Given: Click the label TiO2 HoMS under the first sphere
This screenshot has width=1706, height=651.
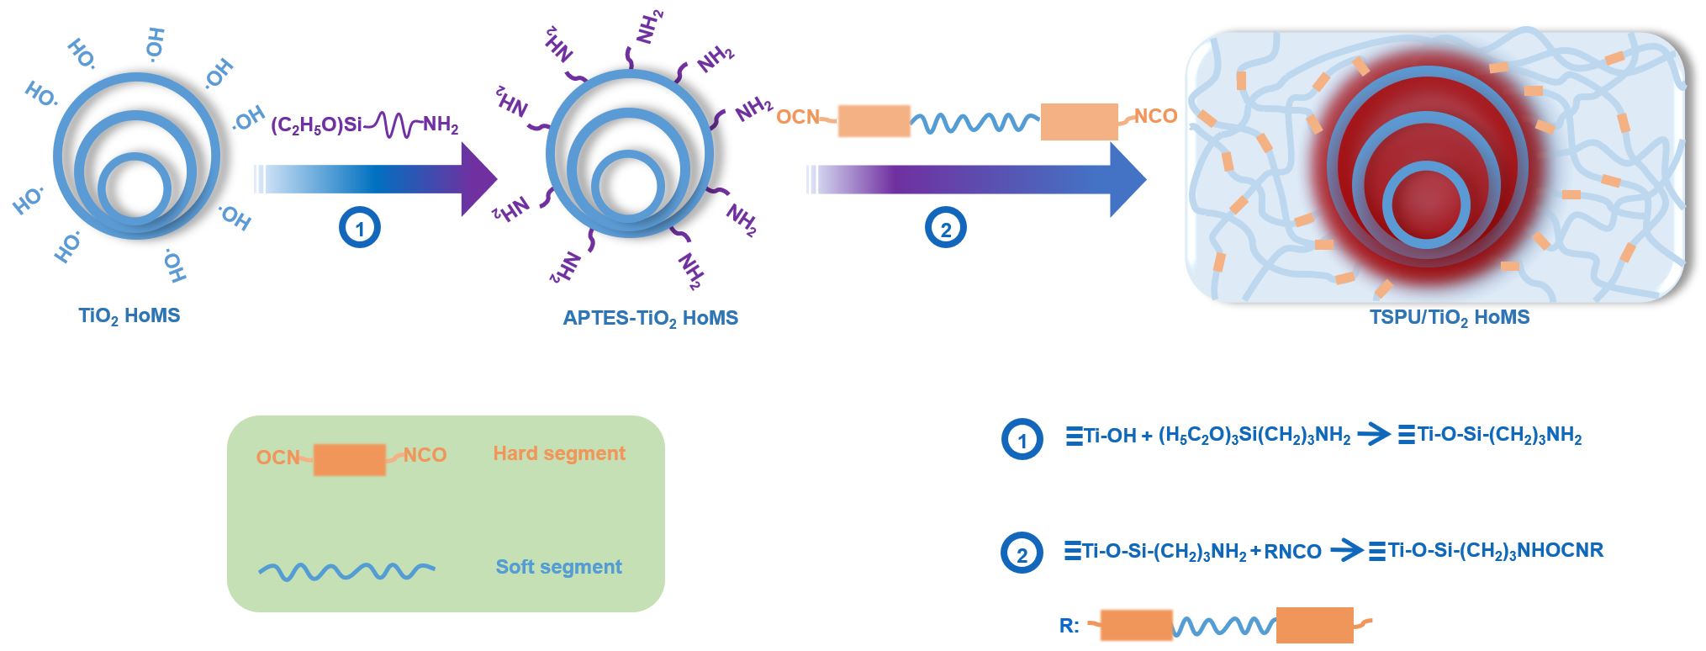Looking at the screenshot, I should (x=129, y=316).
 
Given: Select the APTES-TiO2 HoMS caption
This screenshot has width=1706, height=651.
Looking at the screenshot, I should (x=650, y=319).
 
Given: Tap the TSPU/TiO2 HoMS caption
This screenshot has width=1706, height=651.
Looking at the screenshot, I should (x=1449, y=318).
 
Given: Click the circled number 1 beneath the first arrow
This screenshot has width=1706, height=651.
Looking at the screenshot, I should (x=360, y=229).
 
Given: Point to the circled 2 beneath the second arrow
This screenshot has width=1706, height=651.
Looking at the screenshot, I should (x=945, y=229).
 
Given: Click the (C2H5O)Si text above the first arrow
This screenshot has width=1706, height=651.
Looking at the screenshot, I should (x=316, y=125).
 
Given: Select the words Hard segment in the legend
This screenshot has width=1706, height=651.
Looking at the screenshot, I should (x=559, y=454).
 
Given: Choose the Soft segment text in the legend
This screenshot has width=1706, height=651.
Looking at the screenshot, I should (x=558, y=567).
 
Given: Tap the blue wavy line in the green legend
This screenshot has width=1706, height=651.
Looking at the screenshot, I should (x=346, y=572).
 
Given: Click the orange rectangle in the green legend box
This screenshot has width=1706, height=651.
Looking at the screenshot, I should (x=350, y=460).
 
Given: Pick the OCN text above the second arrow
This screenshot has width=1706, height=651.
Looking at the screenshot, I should (x=797, y=117).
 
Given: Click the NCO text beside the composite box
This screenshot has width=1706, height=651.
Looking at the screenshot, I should (x=1155, y=116).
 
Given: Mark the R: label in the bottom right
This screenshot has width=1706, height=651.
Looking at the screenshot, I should (x=1069, y=626).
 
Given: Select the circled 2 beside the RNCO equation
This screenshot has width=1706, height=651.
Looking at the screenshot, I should (x=1022, y=554).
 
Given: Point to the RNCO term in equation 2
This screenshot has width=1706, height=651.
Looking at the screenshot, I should (x=1292, y=552).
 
